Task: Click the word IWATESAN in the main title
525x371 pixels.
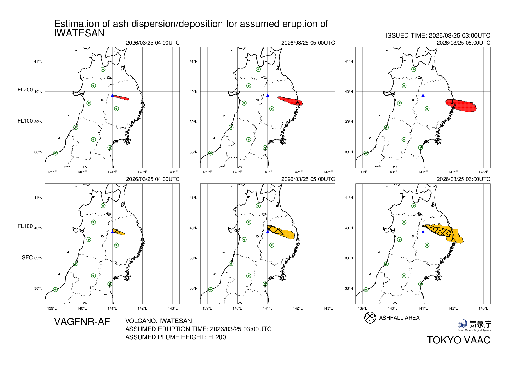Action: pos(79,33)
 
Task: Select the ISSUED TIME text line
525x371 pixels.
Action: pos(438,36)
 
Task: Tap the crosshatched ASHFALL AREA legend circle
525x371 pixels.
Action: pos(370,318)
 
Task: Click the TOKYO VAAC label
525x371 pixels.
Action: pos(458,340)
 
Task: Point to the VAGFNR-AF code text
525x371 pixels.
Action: pos(82,322)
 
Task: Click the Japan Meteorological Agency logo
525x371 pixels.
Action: pos(474,325)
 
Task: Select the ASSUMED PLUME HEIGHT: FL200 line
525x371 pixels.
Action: pos(175,337)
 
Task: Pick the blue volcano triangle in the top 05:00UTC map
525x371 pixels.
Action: pos(268,96)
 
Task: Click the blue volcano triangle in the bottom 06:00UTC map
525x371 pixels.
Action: pos(423,232)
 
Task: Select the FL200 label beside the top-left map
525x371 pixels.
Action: pos(25,90)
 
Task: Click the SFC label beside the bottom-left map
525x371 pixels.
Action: pos(27,258)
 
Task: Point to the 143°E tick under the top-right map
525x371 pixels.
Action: pos(483,172)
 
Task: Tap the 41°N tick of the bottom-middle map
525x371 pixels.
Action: pos(193,198)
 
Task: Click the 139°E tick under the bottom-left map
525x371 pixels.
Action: pos(52,308)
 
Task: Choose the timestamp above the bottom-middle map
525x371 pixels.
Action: pos(308,179)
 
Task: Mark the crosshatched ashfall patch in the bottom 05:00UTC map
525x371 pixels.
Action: pos(275,230)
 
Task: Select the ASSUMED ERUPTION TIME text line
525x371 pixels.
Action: pos(198,329)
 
